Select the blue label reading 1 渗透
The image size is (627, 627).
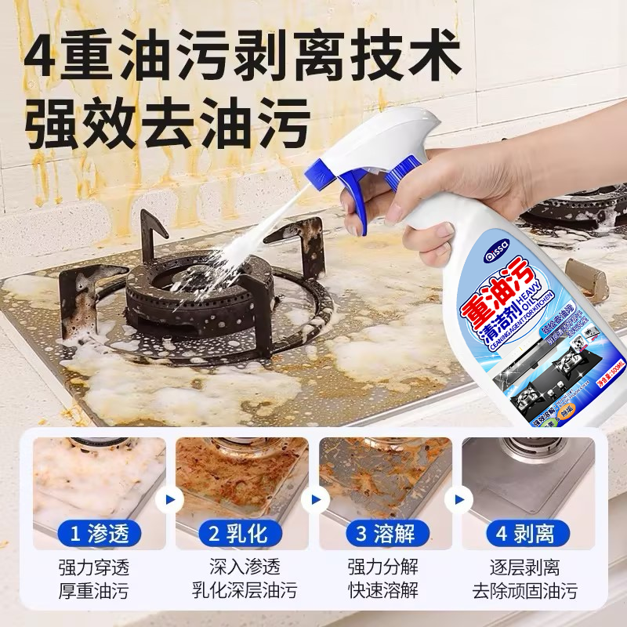98,535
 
